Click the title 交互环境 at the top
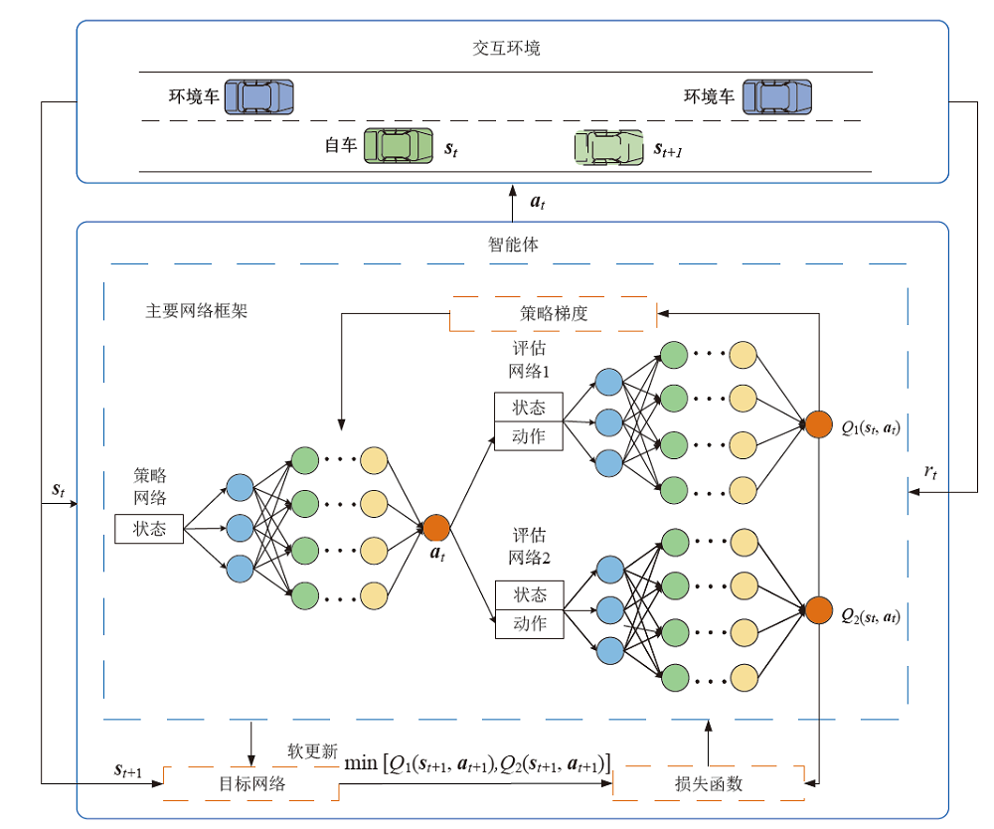click(507, 48)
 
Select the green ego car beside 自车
click(399, 145)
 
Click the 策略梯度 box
click(554, 313)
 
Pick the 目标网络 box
click(252, 783)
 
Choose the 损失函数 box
click(708, 783)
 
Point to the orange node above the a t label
click(437, 528)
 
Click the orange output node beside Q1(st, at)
click(819, 423)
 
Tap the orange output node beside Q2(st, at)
click(819, 609)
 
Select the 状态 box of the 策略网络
click(149, 529)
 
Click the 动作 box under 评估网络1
click(529, 435)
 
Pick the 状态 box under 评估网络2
click(529, 594)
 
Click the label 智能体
click(513, 244)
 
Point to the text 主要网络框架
click(197, 310)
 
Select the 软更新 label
click(313, 751)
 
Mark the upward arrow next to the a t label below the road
click(513, 203)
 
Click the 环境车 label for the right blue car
click(709, 96)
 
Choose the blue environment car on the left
click(259, 96)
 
